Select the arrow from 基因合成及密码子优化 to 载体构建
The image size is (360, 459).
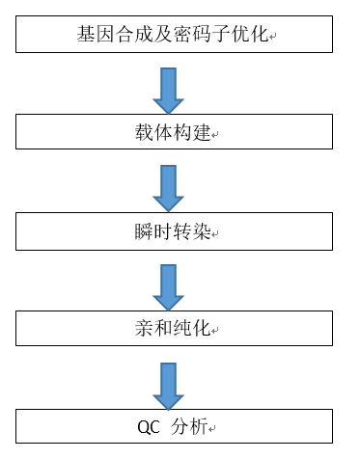[x=168, y=90]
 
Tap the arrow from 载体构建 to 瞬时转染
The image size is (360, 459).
[x=168, y=188]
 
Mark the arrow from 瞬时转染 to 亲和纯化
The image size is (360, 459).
[x=168, y=286]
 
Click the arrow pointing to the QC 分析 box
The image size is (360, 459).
[x=168, y=385]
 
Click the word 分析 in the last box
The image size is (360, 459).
[x=193, y=428]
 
